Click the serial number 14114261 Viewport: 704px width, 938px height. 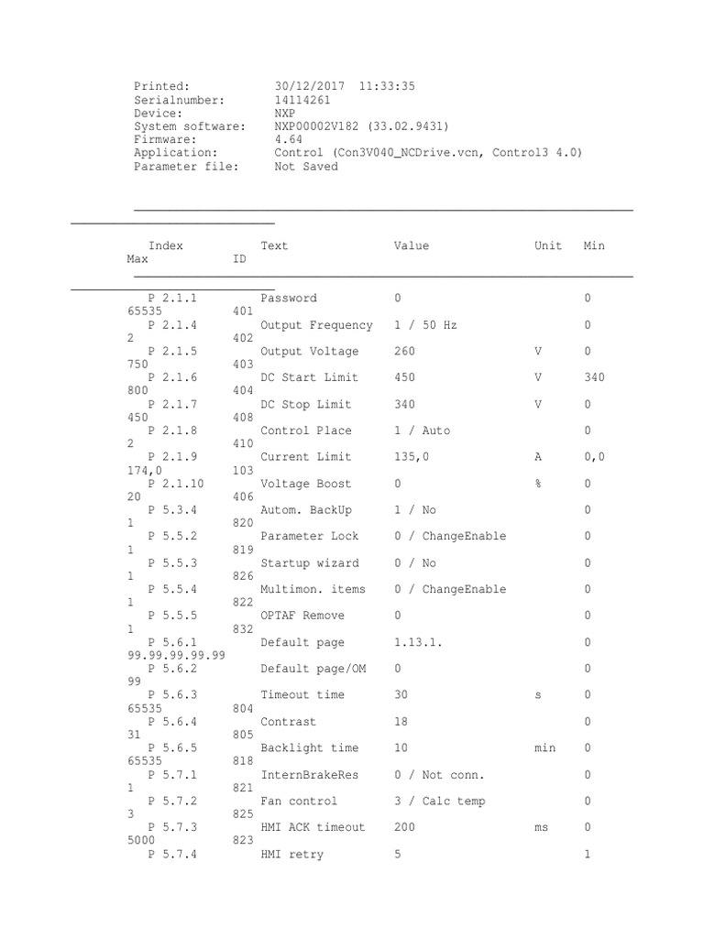point(302,100)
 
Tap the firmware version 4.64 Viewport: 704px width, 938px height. point(289,140)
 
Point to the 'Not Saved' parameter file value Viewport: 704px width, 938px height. point(306,167)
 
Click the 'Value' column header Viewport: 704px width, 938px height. point(412,245)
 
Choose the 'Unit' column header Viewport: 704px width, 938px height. point(548,245)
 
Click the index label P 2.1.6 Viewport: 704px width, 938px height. point(172,377)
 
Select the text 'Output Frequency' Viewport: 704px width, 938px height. point(317,325)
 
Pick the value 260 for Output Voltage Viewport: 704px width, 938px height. point(404,352)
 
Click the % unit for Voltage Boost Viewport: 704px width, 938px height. point(538,484)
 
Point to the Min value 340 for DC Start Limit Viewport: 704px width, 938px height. point(594,377)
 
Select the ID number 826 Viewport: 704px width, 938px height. point(243,576)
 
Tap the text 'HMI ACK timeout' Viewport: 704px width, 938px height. point(313,827)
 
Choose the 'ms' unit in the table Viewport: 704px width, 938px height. point(542,827)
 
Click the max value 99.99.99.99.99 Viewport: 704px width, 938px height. point(175,656)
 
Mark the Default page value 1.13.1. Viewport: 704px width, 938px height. point(418,643)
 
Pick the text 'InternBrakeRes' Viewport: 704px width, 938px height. point(310,775)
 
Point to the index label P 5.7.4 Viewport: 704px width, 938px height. point(172,855)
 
